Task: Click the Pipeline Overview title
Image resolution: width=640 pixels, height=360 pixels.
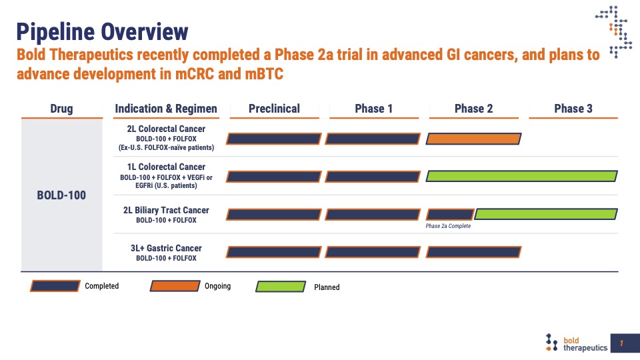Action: (102, 32)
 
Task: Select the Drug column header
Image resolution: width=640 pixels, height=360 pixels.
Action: (61, 109)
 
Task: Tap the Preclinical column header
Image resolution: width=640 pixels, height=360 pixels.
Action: (274, 109)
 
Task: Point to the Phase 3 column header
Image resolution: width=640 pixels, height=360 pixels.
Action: (573, 109)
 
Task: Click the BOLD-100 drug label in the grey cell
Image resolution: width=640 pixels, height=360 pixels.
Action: (61, 195)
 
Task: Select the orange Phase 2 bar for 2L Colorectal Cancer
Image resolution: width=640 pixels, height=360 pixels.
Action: (473, 139)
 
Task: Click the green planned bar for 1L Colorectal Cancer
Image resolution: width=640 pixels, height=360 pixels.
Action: (521, 176)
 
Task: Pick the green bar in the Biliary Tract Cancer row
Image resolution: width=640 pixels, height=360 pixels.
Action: (546, 214)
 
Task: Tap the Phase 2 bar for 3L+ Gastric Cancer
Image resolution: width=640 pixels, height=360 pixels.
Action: (473, 252)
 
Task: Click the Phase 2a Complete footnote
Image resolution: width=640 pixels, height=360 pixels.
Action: (448, 226)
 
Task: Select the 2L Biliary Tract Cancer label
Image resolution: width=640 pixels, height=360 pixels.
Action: (166, 210)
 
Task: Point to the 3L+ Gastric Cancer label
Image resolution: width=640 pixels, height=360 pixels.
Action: (166, 248)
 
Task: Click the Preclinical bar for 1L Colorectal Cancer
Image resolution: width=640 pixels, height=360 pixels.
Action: (273, 176)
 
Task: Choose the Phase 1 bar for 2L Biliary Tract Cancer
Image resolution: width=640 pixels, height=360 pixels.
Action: (373, 214)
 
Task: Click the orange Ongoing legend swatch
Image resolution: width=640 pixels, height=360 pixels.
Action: (175, 286)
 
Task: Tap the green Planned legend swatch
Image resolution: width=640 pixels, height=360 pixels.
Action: (281, 287)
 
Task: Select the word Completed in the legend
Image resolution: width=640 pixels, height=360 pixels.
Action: (101, 286)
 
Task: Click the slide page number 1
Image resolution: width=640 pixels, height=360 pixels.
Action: (621, 343)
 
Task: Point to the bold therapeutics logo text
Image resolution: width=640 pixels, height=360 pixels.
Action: (585, 344)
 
